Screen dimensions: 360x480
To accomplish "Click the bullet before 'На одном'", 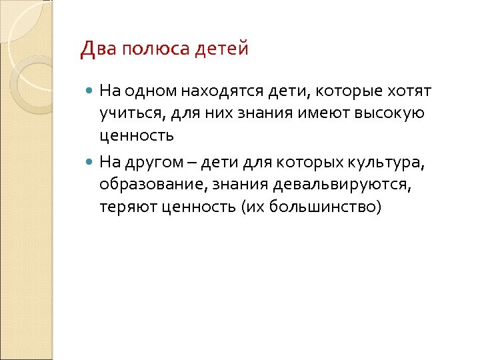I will pyautogui.click(x=91, y=89).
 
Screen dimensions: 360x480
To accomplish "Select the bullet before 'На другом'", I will pyautogui.click(x=91, y=161).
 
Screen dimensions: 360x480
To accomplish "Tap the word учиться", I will pyautogui.click(x=127, y=113).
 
